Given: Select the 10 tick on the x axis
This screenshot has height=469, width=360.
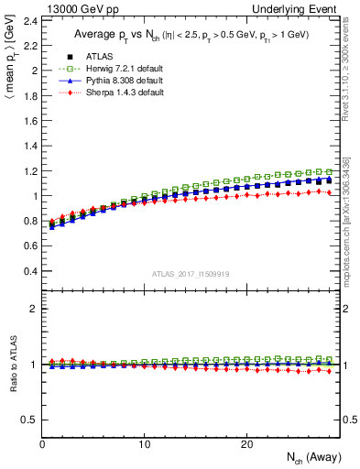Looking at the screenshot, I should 144,443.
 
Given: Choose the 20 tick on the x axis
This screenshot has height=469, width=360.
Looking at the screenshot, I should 245,443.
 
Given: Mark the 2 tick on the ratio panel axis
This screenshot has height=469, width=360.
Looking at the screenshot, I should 33,309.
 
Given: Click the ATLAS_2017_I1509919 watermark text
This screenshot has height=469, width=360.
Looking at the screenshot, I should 191,273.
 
